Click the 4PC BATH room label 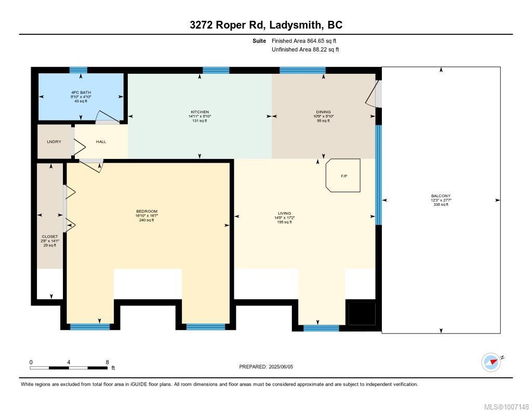(81, 92)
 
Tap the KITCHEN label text (199, 112)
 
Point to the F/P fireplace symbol (343, 176)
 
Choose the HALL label (101, 141)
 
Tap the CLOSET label (50, 236)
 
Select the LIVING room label (284, 213)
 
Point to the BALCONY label (441, 196)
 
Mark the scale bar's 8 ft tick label (107, 362)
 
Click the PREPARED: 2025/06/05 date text (266, 367)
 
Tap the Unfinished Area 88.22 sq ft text (305, 50)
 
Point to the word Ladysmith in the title (295, 25)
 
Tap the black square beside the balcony (361, 313)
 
